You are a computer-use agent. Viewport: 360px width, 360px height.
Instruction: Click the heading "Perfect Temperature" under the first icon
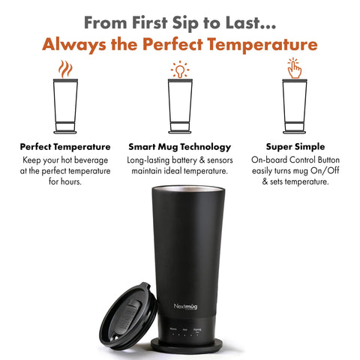click(x=65, y=146)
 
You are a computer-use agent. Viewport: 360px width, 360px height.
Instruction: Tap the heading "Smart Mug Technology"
click(x=179, y=146)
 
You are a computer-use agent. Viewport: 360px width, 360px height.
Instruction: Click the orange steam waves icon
click(x=65, y=70)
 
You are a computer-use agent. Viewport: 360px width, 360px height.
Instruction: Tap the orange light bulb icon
click(x=179, y=70)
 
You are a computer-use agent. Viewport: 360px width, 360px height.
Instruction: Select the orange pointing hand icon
click(x=293, y=70)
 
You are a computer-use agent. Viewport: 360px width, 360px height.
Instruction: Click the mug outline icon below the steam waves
click(x=65, y=105)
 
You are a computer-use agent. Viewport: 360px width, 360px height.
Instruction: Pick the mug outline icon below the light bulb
click(x=179, y=105)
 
